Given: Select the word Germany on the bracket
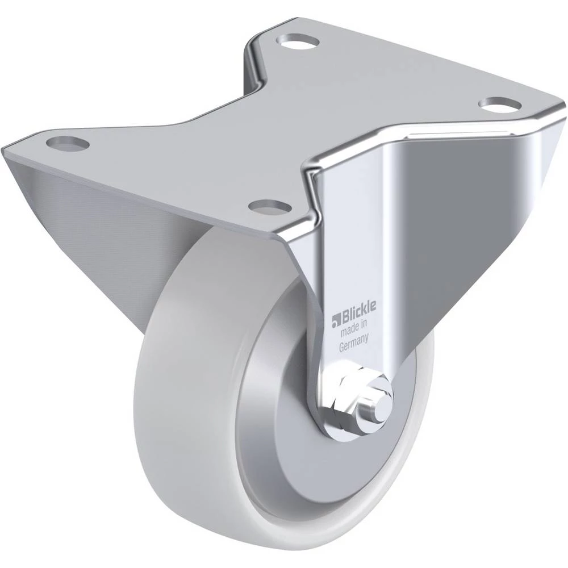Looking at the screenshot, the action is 353,343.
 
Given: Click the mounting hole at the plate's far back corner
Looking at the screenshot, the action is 299,40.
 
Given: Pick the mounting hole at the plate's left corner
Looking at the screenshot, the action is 68,143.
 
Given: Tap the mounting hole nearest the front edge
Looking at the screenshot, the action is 270,207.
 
